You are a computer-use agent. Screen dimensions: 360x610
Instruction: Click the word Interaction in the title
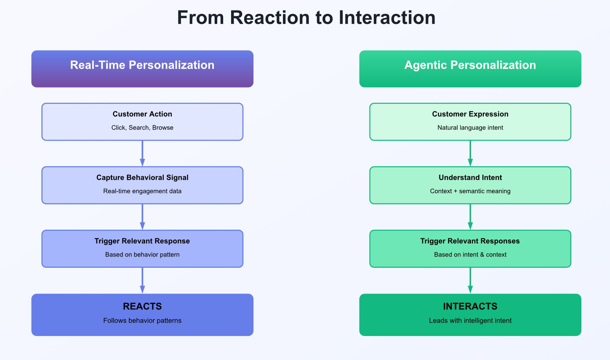[x=387, y=18]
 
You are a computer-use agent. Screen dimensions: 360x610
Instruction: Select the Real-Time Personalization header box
[x=142, y=69]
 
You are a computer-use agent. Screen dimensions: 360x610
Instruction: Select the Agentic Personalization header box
[x=470, y=69]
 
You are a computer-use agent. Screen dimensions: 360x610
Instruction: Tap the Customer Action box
[x=142, y=122]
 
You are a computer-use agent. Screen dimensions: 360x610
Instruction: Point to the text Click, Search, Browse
[x=142, y=128]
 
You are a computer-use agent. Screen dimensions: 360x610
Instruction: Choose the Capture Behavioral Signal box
[x=142, y=185]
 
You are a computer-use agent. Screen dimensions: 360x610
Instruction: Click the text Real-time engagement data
[x=142, y=191]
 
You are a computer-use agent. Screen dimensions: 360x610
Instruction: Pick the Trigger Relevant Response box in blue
[x=142, y=248]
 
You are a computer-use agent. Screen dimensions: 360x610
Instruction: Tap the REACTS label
[x=142, y=307]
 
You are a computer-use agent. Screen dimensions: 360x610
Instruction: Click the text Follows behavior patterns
[x=142, y=320]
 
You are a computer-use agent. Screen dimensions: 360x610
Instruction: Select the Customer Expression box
[x=470, y=122]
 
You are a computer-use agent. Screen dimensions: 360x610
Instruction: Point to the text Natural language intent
[x=470, y=128]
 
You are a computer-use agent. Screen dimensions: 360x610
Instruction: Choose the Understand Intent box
[x=470, y=185]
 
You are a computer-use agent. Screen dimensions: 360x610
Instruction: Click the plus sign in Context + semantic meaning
[x=456, y=191]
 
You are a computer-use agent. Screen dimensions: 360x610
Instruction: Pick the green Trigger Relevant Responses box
[x=470, y=248]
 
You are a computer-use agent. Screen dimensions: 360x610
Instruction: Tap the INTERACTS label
[x=470, y=307]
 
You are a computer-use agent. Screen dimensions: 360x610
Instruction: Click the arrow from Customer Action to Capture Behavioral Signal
[x=142, y=153]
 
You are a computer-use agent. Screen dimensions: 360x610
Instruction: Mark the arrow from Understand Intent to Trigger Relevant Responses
[x=470, y=217]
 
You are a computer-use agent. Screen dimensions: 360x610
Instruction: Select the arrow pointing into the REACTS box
[x=142, y=280]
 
